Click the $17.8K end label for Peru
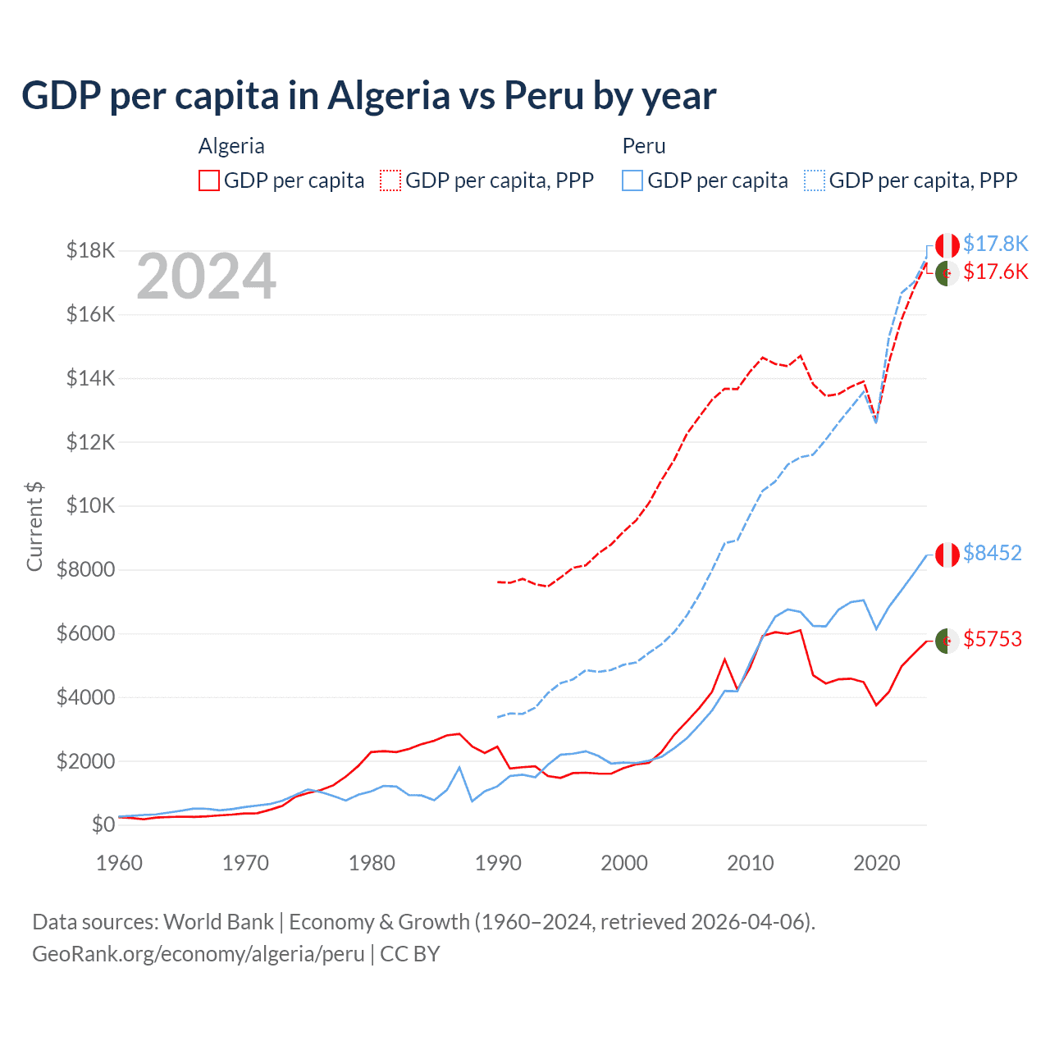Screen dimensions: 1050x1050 point(995,244)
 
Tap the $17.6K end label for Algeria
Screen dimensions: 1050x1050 point(995,272)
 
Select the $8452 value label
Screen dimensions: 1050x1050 point(992,553)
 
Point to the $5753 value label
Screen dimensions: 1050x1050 point(992,639)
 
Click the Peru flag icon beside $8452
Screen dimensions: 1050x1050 point(947,555)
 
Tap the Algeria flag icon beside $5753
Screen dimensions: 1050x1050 point(947,640)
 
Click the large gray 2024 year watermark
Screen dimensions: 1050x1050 point(206,276)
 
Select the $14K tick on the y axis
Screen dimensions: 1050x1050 point(90,378)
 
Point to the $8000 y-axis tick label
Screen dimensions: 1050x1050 point(85,569)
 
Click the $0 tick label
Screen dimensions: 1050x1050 point(103,824)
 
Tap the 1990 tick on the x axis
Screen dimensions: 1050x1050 point(498,863)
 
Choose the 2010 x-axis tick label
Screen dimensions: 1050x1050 point(751,863)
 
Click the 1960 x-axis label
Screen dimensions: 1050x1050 point(120,863)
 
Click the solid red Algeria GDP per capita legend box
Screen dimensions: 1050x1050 point(209,180)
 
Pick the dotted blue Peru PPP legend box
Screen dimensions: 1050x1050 point(815,180)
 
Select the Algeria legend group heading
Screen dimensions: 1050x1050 point(231,146)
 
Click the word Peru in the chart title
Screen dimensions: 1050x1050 point(543,95)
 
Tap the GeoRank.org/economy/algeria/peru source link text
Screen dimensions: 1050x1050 point(199,954)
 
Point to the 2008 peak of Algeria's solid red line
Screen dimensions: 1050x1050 point(724,659)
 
